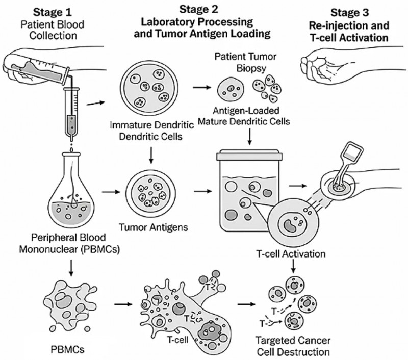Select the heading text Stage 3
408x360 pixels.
(x=352, y=11)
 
